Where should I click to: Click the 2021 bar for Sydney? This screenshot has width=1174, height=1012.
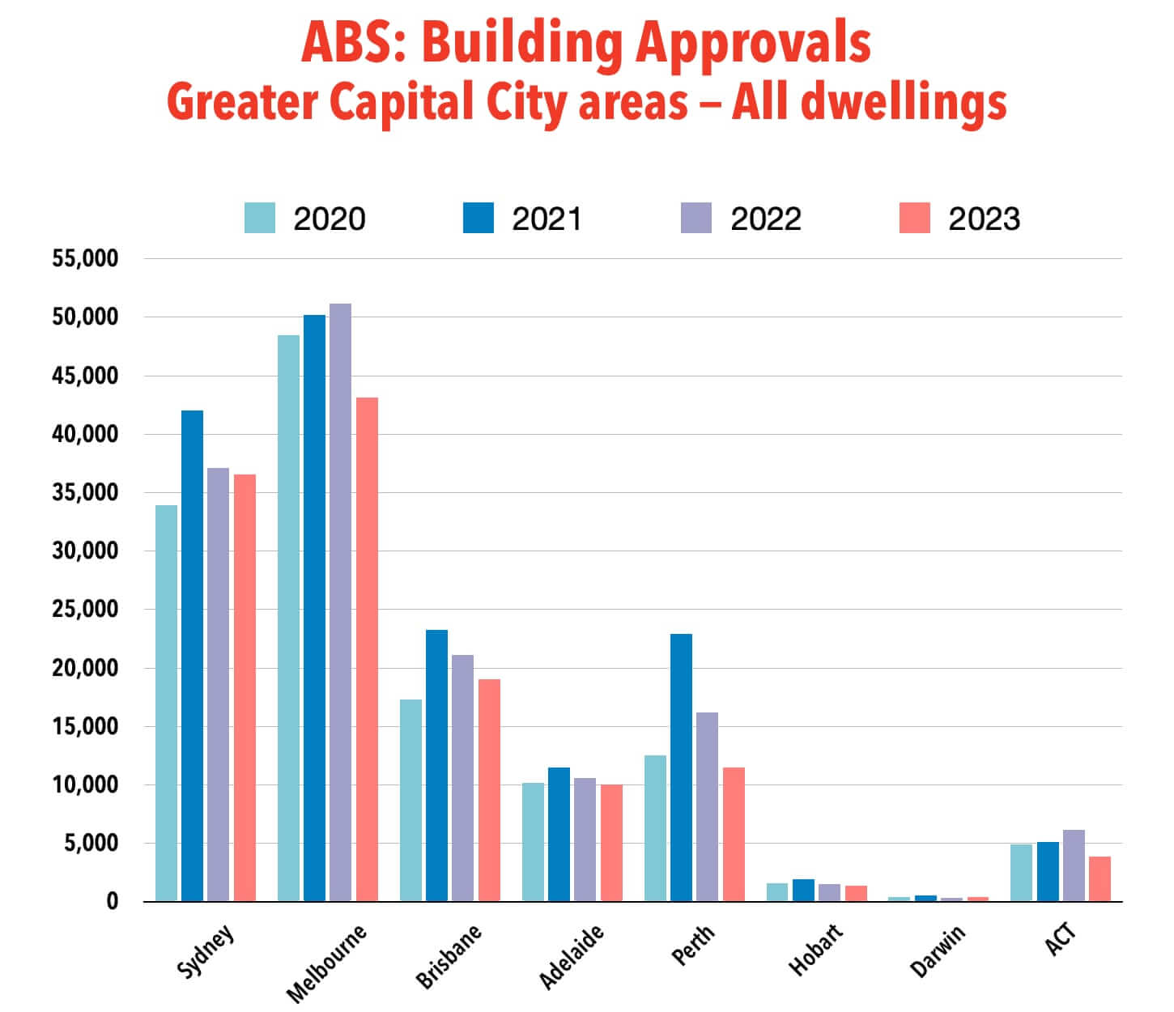tap(192, 656)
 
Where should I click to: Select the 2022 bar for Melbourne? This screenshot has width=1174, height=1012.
tap(340, 602)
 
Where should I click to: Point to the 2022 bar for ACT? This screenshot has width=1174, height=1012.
tap(1074, 865)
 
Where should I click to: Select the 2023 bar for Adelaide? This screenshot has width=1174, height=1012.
tap(611, 843)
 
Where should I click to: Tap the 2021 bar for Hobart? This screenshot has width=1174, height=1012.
tap(803, 890)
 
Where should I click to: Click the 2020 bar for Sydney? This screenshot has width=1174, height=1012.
tap(166, 703)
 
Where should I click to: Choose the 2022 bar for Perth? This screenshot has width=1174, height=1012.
tap(707, 806)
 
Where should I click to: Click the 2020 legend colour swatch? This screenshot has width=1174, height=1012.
tap(260, 218)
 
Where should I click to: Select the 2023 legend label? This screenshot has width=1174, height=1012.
tap(984, 219)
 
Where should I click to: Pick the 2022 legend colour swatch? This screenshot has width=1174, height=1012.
tap(696, 218)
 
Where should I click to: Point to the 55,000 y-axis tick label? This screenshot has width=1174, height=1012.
tap(85, 259)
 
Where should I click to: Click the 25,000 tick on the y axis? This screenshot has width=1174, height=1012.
tap(85, 610)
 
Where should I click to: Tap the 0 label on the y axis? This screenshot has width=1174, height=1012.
tap(112, 902)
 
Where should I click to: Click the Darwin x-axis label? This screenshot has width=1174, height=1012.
tap(938, 952)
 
